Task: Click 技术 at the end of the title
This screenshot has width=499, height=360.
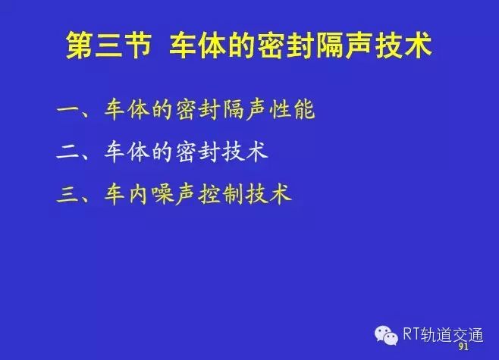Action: (x=403, y=45)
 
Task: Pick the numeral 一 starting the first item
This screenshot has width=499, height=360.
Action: (x=67, y=109)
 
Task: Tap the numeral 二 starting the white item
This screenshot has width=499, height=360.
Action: (x=67, y=152)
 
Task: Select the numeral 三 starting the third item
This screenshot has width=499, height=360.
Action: (x=67, y=194)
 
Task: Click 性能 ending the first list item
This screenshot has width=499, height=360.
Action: (x=292, y=110)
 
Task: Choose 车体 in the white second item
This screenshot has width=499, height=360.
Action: (x=127, y=152)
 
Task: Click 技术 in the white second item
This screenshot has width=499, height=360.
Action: (x=245, y=152)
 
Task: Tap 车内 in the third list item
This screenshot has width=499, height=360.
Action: (x=127, y=194)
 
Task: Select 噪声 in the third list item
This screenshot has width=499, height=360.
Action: (x=174, y=194)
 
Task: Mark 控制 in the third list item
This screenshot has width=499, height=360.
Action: (x=221, y=194)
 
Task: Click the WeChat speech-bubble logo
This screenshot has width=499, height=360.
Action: (x=386, y=336)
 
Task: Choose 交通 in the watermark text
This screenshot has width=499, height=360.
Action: (x=467, y=334)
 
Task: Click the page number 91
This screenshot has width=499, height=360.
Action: (x=463, y=346)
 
